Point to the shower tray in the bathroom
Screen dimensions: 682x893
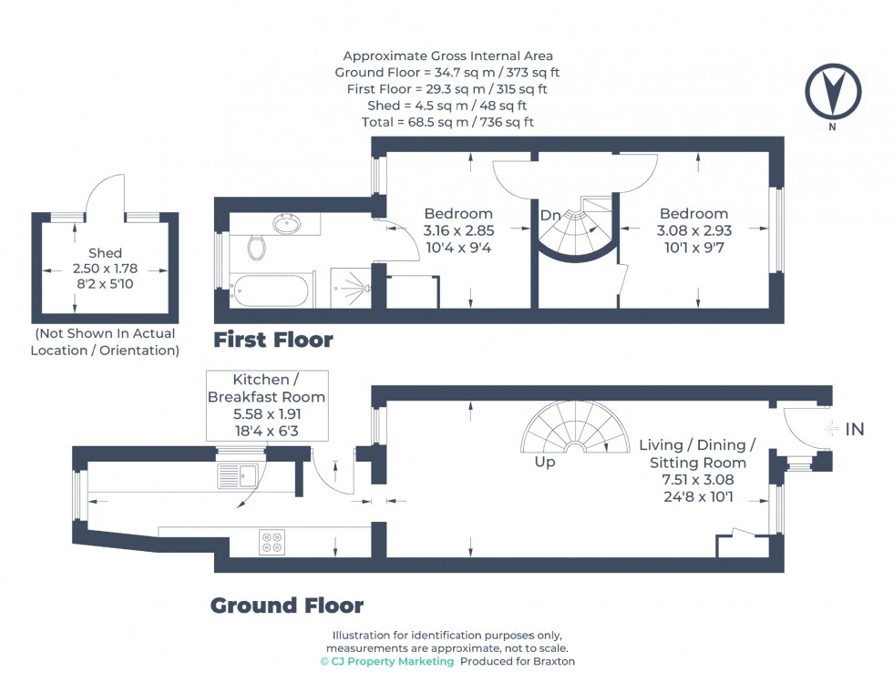[x=348, y=289]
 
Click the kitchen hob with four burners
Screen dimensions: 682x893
[x=272, y=542]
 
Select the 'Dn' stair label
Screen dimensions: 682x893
[x=550, y=216]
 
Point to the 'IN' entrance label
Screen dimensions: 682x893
[x=854, y=429]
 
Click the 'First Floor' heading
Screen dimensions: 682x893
[x=273, y=341]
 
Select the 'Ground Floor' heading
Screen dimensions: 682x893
[x=287, y=606]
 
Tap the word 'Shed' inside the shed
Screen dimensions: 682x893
[x=105, y=253]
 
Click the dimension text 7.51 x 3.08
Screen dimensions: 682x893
[x=697, y=480]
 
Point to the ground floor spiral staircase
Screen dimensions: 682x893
[x=574, y=430]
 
